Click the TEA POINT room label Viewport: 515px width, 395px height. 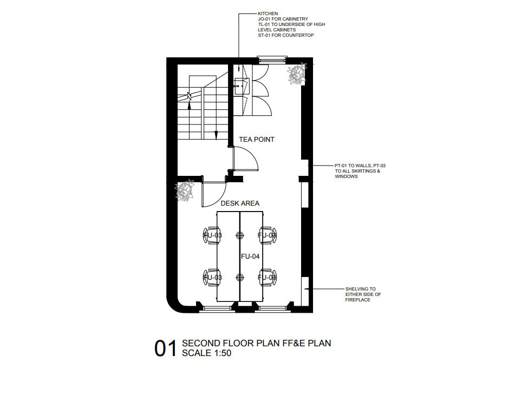point(257,140)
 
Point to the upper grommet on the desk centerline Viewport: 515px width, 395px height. point(240,235)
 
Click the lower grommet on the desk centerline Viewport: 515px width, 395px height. point(240,277)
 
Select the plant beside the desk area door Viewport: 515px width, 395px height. point(185,190)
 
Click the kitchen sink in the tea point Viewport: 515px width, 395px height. point(238,83)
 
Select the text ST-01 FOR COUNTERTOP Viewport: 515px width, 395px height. point(286,35)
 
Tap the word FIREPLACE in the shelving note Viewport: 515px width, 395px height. point(357,300)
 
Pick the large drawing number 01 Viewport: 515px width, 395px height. point(166,349)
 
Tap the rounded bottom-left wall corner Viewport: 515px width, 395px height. point(174,304)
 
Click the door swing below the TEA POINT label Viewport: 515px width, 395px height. point(245,160)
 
